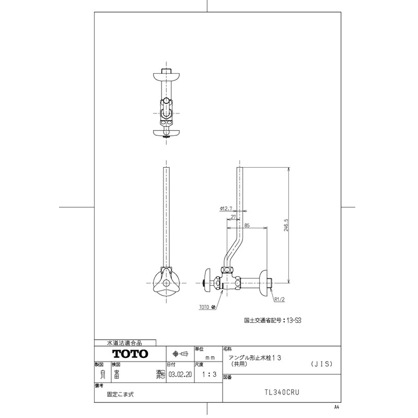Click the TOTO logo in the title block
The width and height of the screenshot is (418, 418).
click(130, 354)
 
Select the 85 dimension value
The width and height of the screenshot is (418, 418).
click(246, 226)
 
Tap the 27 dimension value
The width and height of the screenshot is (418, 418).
click(233, 216)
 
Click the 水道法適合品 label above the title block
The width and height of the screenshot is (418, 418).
click(124, 343)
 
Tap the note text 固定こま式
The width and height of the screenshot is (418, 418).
click(120, 395)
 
